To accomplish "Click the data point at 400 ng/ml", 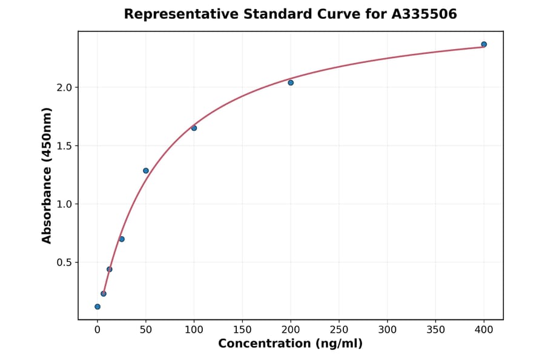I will (484, 44).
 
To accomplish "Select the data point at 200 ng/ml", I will (291, 82).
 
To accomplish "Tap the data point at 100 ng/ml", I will (194, 128).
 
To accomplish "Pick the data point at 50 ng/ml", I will (146, 170).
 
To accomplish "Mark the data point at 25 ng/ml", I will (122, 239).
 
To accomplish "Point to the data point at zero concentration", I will (97, 307).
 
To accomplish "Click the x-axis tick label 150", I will (242, 330).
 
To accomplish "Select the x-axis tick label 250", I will (339, 330).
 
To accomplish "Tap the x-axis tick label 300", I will (388, 330).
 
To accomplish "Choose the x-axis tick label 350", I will (436, 330).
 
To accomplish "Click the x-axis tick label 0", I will (97, 330).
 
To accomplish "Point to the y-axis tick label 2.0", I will (65, 87).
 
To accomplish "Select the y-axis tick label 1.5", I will (65, 145).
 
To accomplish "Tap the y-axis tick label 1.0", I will (65, 204).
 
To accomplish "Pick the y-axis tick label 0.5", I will (65, 262).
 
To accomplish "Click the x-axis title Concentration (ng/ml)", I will (290, 344).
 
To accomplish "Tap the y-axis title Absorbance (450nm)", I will (47, 175).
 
